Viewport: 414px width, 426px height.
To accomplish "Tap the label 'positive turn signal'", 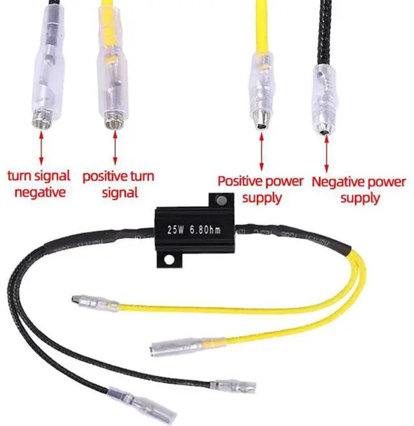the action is point(118,183).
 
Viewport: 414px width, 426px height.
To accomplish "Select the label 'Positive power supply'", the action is point(260,188).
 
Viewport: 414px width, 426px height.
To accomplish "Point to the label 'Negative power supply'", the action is point(359,189).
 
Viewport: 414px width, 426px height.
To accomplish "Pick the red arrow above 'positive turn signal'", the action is point(114,146).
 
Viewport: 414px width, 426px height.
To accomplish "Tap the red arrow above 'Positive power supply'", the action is point(260,152).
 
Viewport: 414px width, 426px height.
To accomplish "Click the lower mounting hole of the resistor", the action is point(170,259).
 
